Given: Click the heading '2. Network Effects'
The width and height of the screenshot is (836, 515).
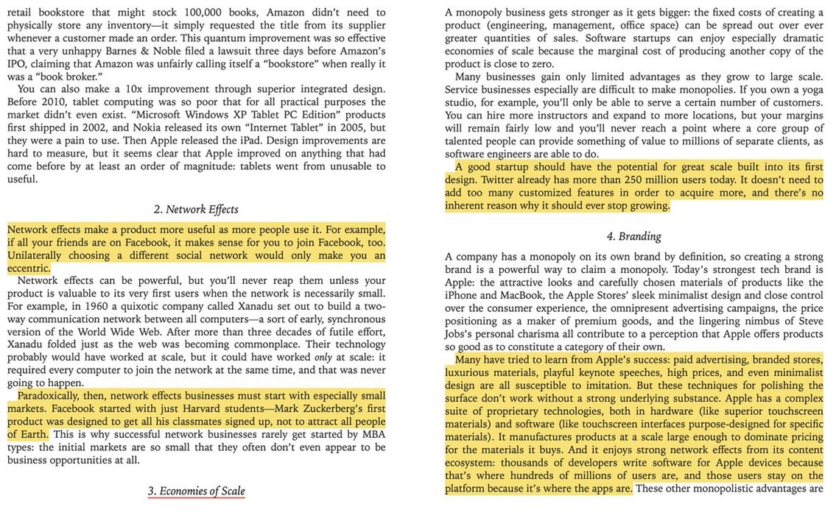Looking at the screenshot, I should coord(196,209).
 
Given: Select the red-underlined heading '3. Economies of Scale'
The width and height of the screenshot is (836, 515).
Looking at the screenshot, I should coord(196,491).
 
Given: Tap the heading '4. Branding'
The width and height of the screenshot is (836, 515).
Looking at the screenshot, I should coord(634,236).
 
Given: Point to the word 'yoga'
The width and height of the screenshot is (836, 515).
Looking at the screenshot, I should coord(807,102).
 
